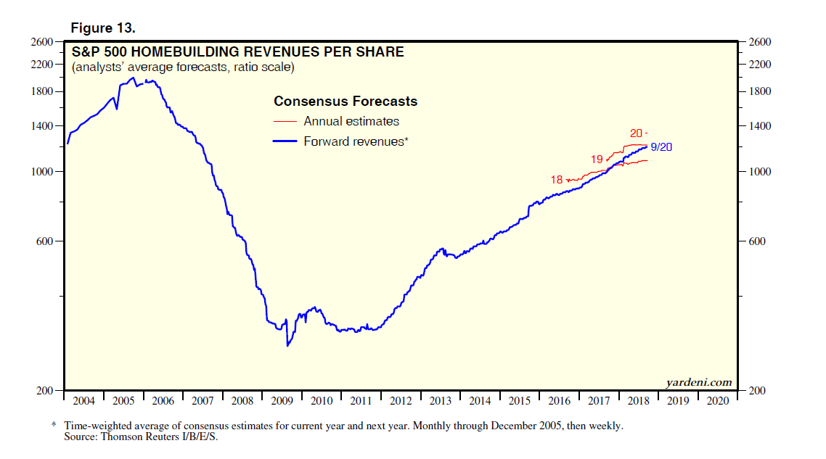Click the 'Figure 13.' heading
click(102, 28)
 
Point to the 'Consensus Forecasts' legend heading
click(345, 102)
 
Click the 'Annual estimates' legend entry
click(351, 122)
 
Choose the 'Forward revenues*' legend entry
click(356, 141)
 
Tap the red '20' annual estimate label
click(636, 133)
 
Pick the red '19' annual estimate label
click(597, 159)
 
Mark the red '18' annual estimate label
click(557, 180)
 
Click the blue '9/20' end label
click(661, 147)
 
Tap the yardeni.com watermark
click(698, 383)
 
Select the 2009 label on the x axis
click(282, 401)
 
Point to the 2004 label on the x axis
click(84, 401)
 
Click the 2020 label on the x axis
click(717, 401)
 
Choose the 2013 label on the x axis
click(440, 401)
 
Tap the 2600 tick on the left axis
click(44, 42)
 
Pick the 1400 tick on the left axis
click(44, 126)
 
